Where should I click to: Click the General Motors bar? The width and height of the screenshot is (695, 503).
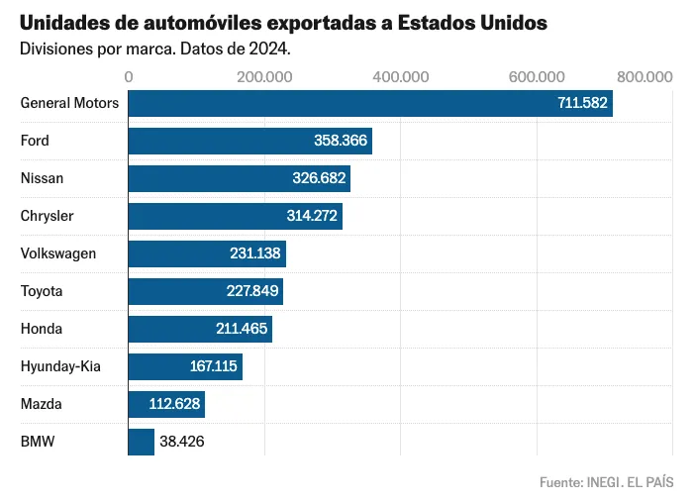point(369,103)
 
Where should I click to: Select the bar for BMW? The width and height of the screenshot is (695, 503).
point(142,442)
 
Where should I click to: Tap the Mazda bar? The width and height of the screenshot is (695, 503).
point(166,404)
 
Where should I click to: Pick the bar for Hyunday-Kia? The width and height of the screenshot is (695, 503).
point(185,366)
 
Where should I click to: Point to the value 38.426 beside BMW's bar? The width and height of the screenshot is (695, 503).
point(183,442)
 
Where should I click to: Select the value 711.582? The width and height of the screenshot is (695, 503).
point(582,103)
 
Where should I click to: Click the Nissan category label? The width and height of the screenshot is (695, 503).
point(42,178)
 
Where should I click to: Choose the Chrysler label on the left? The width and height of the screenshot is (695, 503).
point(47,216)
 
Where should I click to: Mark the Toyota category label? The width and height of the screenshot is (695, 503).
point(42,291)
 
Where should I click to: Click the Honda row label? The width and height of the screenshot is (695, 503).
point(41,329)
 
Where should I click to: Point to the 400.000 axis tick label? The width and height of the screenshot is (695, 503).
point(401,76)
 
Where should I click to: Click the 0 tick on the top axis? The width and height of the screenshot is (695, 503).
point(129,76)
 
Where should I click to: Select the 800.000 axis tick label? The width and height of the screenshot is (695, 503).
point(645,76)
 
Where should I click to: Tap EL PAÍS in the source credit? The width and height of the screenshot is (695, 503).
point(650,482)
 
